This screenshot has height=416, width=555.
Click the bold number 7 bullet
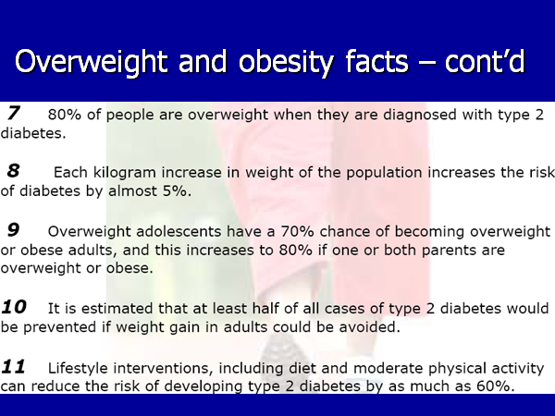tap(14, 113)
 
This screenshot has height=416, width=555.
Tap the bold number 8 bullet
tap(14, 170)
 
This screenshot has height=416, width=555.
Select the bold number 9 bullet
tap(14, 229)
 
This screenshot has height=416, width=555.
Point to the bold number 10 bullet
tap(14, 307)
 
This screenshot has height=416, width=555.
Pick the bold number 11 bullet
tap(14, 366)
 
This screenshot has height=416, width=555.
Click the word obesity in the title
tap(286, 62)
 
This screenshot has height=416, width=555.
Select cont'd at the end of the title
tap(485, 61)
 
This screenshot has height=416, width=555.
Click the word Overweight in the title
tap(91, 62)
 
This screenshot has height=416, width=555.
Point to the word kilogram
tap(125, 173)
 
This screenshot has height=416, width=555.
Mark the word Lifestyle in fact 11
tap(78, 369)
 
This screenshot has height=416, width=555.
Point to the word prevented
tap(60, 327)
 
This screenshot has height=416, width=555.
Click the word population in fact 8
tap(385, 173)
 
